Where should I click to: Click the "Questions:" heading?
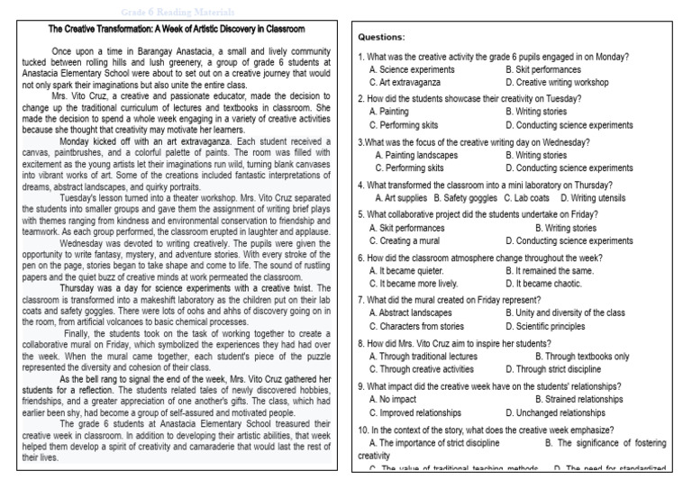pos(381,38)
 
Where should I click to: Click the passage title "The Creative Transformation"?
pos(177,29)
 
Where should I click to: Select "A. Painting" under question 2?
pos(389,112)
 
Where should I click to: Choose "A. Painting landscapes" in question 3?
pos(415,155)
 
